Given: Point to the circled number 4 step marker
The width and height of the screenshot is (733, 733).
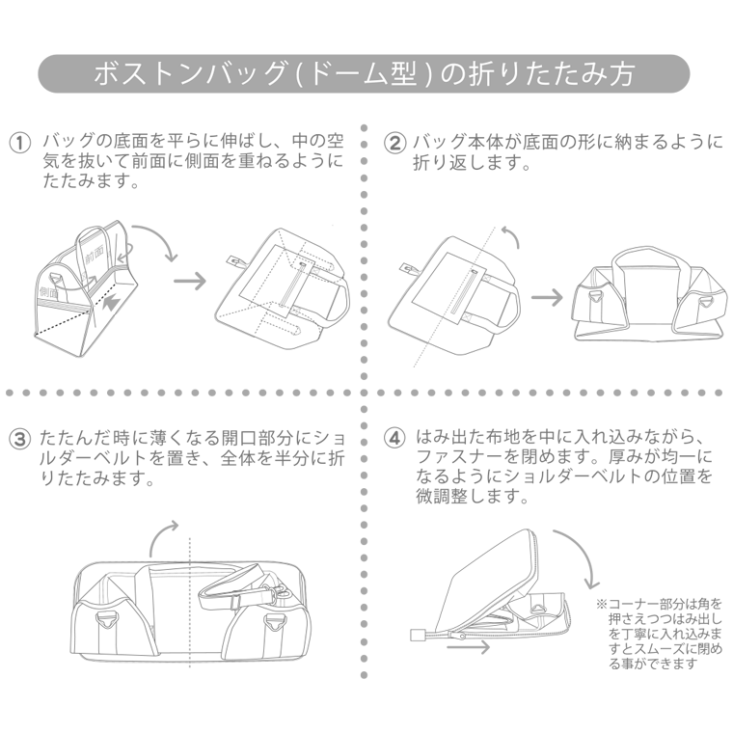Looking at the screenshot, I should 394,437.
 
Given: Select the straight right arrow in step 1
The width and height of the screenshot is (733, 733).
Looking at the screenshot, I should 189,281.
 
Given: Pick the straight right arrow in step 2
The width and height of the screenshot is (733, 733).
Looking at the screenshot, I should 547,296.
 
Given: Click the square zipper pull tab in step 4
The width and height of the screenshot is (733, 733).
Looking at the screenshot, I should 420,635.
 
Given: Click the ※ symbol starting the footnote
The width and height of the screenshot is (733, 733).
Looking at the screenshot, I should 601,605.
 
